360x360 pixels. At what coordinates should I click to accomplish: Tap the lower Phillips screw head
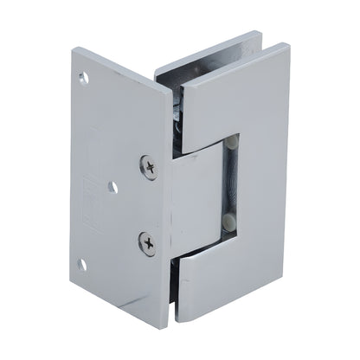149,244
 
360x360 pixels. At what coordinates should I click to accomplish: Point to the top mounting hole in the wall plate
85,80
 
